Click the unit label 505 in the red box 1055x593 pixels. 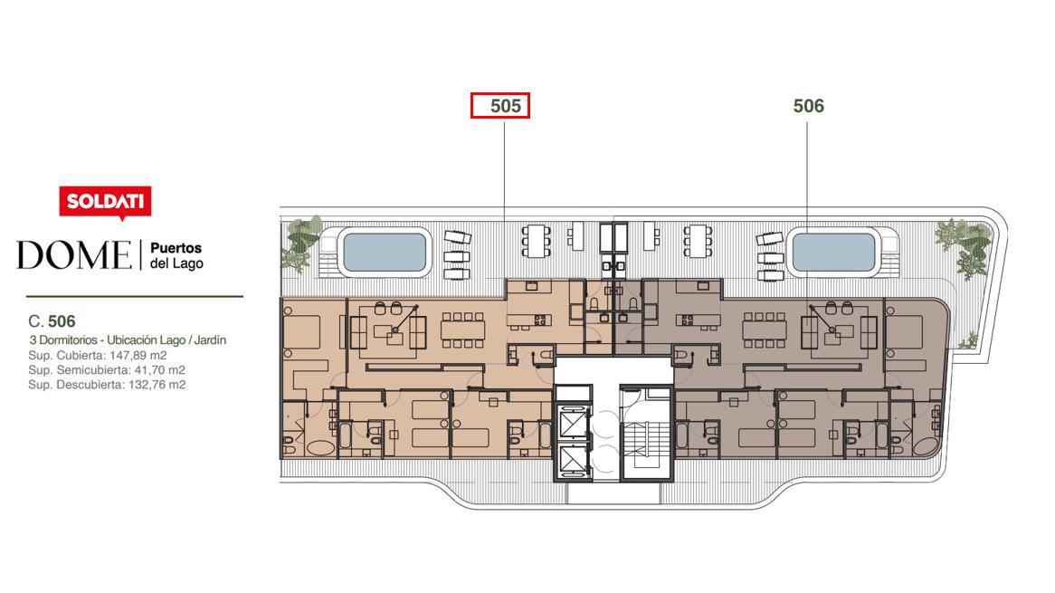coord(505,106)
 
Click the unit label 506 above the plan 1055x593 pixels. coord(808,106)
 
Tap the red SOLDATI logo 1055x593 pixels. coord(105,202)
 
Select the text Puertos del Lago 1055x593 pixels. coord(176,256)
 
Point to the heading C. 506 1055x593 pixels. coord(52,321)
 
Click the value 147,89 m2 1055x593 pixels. coord(138,356)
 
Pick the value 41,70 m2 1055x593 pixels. coord(158,370)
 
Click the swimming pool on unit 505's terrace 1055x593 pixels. coord(385,253)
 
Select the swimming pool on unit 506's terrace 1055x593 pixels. coord(833,253)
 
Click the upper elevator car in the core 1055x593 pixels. coord(574,424)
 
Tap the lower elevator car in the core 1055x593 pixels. coord(574,461)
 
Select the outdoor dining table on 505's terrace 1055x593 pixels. coord(537,240)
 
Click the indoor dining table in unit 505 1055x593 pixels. coord(463,330)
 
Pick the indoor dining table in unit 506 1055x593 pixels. coord(765,330)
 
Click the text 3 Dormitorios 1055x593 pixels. coord(63,340)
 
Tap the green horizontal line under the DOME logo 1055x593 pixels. coord(135,296)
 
